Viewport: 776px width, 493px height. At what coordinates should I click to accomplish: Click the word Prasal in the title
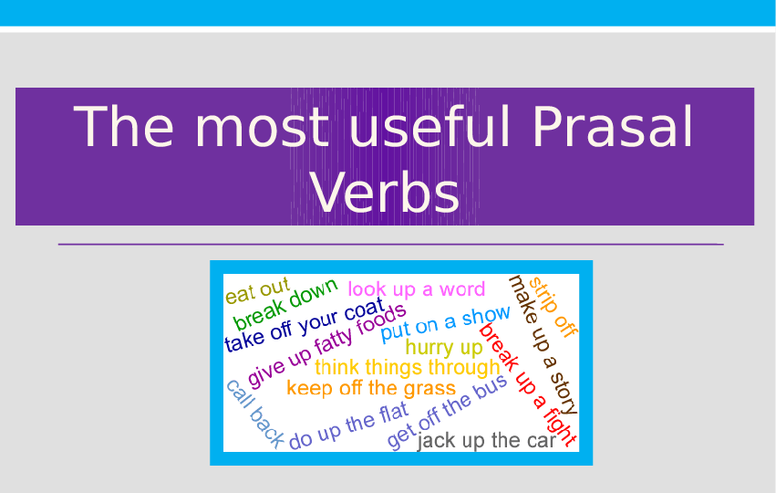[612, 127]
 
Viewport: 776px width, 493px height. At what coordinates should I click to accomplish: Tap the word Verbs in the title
[385, 193]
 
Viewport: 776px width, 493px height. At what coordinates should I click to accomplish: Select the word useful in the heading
[419, 127]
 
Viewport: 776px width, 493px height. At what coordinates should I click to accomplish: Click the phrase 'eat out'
[257, 291]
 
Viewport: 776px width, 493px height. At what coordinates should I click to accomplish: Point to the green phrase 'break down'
[285, 304]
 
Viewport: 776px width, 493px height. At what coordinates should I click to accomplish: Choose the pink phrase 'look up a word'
[417, 289]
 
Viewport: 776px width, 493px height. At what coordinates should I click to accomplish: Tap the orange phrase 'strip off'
[553, 307]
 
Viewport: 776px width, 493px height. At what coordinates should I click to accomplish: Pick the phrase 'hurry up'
[444, 348]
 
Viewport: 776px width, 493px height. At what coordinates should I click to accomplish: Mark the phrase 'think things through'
[408, 368]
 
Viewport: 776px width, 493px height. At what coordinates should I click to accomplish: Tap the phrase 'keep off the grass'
[371, 388]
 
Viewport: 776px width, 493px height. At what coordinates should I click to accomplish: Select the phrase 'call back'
[254, 414]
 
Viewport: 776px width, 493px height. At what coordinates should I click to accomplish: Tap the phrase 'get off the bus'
[447, 413]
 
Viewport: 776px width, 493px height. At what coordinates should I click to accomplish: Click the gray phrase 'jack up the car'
[486, 442]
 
